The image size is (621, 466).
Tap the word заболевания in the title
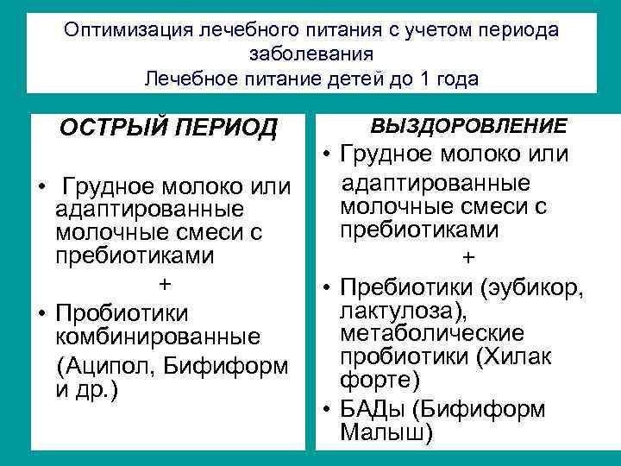click(310, 54)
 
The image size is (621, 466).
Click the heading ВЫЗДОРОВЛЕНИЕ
click(468, 126)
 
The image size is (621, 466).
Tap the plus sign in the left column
click(165, 285)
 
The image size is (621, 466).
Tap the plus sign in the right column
click(467, 257)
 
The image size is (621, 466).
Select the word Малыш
click(385, 432)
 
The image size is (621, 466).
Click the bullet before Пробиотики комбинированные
click(41, 312)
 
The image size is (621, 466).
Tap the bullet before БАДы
click(329, 408)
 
